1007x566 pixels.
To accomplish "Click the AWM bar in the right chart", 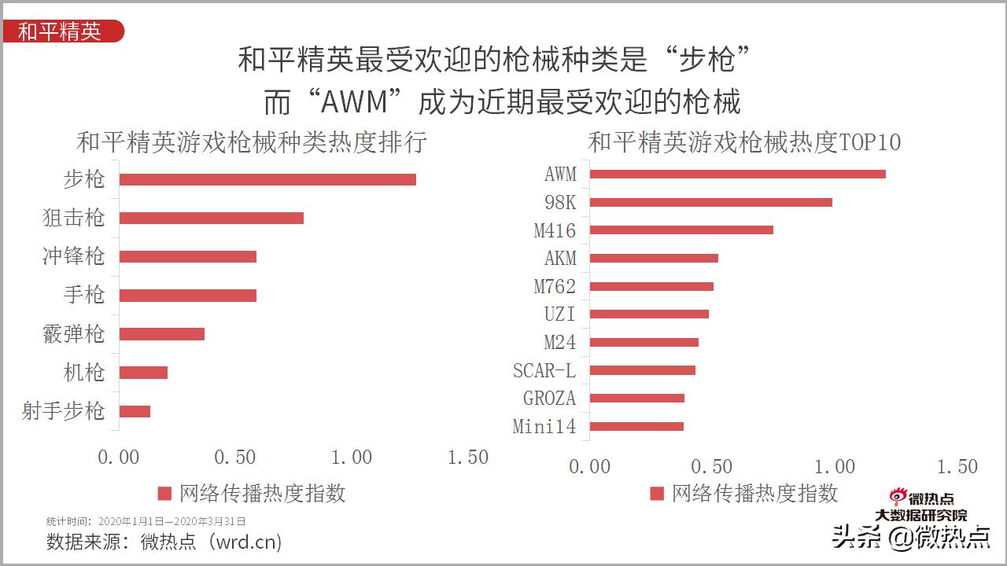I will (737, 174).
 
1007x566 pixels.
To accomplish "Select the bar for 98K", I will (710, 202).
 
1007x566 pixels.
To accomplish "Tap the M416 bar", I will (681, 230).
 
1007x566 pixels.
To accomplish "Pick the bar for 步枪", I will (267, 179).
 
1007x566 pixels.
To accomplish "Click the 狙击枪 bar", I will (211, 218).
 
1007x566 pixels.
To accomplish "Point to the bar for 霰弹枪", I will (161, 333).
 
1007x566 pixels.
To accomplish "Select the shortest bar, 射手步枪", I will (135, 411).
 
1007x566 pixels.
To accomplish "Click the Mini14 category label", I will (544, 427).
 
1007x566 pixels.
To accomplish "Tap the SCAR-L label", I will (544, 370).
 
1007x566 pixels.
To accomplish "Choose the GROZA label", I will (549, 399).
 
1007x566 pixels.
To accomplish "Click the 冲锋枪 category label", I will (73, 256).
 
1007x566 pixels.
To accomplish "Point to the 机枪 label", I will (83, 372).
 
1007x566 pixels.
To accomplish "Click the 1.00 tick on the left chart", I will (352, 458).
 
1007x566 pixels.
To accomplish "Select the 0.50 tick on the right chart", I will (712, 466).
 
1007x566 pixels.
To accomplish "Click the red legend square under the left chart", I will (164, 494).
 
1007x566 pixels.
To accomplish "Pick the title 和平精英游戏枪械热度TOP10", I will (744, 142).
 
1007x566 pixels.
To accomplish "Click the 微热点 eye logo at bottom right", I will (899, 497).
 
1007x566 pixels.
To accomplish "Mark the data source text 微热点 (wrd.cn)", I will (211, 542).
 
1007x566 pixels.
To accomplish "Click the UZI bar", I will (649, 314).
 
